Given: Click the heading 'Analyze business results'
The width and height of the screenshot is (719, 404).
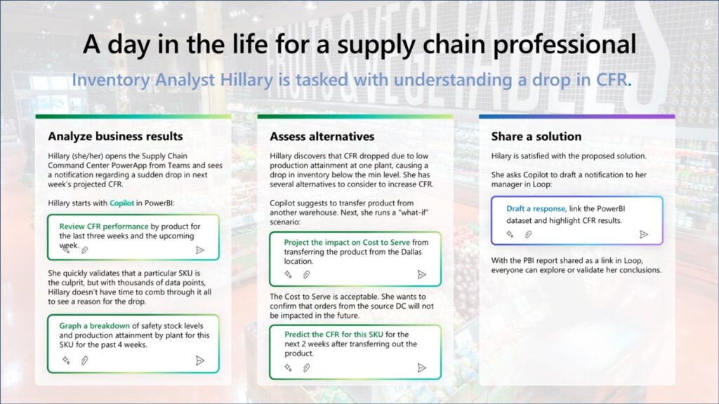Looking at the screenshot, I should click(115, 136).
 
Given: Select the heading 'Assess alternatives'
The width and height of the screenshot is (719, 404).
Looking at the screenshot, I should click(322, 136).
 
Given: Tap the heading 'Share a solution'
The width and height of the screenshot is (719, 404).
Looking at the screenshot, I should click(536, 136).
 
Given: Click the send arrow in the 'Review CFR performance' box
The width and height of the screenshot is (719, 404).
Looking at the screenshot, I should click(200, 249).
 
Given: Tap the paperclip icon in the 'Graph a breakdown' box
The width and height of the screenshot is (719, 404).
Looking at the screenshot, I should click(84, 360).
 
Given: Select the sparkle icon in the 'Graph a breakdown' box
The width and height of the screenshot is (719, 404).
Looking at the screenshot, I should click(66, 360).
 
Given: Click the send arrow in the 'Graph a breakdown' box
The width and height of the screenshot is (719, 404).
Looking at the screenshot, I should click(200, 360).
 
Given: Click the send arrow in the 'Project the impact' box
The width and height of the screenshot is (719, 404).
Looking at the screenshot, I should click(421, 275).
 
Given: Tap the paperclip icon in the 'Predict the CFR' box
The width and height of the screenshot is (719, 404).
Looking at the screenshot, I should click(306, 367).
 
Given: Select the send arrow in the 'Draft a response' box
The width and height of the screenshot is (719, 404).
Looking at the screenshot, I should click(643, 234).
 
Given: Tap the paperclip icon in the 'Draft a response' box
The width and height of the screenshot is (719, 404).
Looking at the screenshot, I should click(528, 234).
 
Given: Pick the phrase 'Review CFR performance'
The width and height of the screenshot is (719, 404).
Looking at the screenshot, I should click(104, 227).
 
